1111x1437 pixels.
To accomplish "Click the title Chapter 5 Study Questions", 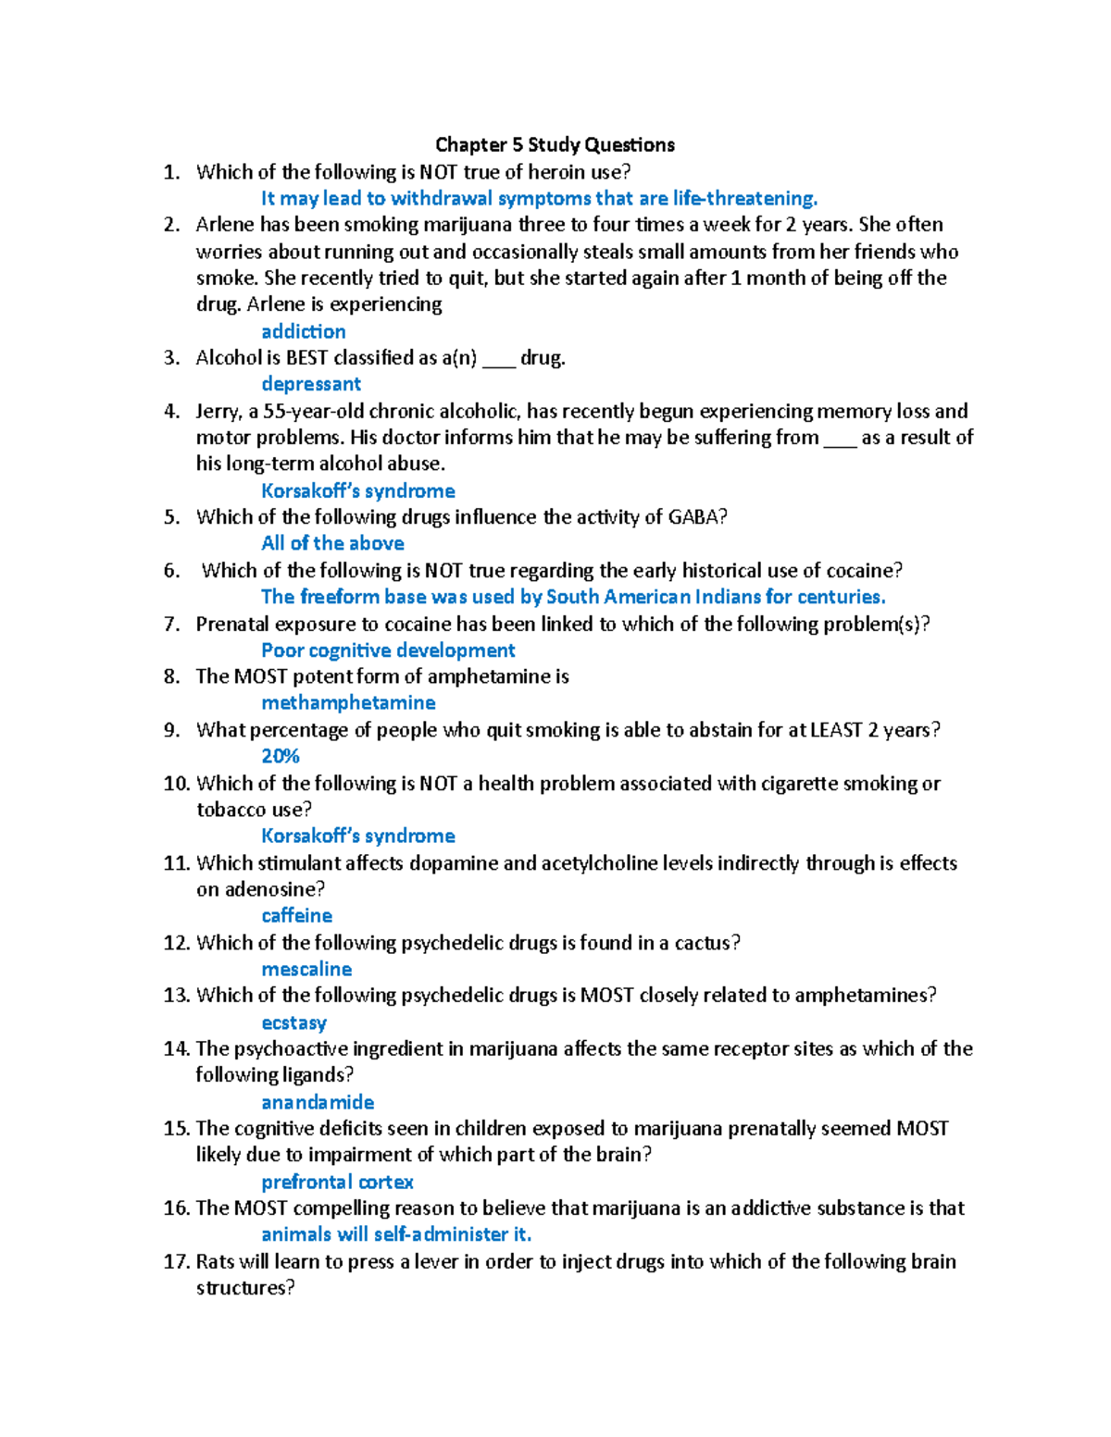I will [555, 144].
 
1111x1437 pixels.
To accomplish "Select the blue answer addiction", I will [303, 331].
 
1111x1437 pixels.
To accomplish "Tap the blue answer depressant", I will [311, 384].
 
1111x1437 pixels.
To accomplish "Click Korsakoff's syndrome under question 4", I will [357, 490].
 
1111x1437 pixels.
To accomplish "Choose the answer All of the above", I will [332, 543].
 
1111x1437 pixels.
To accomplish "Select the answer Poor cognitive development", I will [388, 650].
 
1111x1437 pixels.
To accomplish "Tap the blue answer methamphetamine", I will [348, 703].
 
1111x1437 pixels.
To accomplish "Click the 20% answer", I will [280, 756].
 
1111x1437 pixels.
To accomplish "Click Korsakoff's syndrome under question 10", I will [357, 836].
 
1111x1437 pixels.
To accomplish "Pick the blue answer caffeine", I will [296, 915].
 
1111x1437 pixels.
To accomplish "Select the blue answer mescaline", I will [306, 969].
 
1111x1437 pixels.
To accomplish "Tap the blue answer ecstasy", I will [293, 1022].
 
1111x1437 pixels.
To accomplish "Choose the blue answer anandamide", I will [318, 1102].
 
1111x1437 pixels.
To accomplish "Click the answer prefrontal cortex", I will [337, 1182].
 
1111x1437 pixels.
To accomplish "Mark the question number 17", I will [176, 1262].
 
